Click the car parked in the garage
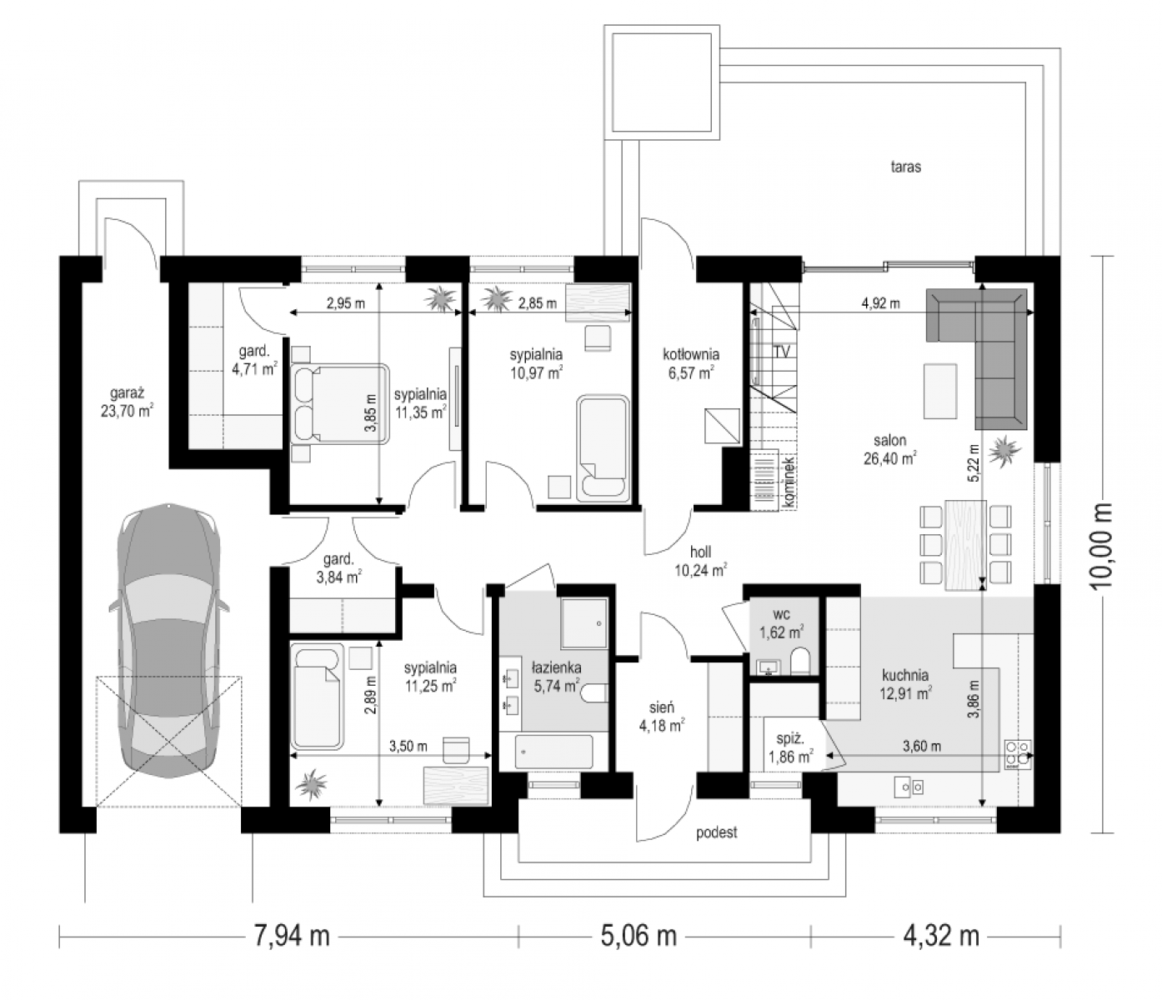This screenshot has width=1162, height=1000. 168,641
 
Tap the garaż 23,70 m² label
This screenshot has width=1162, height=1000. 127,401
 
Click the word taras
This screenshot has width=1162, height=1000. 905,167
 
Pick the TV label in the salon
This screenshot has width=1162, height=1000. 782,352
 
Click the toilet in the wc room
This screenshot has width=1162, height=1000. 799,661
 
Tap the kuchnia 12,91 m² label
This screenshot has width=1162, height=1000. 905,684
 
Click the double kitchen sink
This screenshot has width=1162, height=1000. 909,787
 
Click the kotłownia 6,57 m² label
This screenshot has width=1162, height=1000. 691,363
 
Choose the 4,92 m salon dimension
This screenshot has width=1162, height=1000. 880,303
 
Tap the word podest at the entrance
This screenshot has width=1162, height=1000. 717,832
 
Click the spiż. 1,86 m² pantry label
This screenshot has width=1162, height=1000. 791,747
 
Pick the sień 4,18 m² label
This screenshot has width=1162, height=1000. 661,717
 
